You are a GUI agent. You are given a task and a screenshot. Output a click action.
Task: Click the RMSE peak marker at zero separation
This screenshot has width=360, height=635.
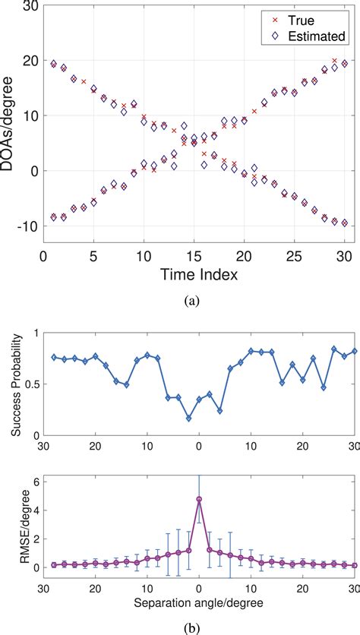[199, 520]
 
